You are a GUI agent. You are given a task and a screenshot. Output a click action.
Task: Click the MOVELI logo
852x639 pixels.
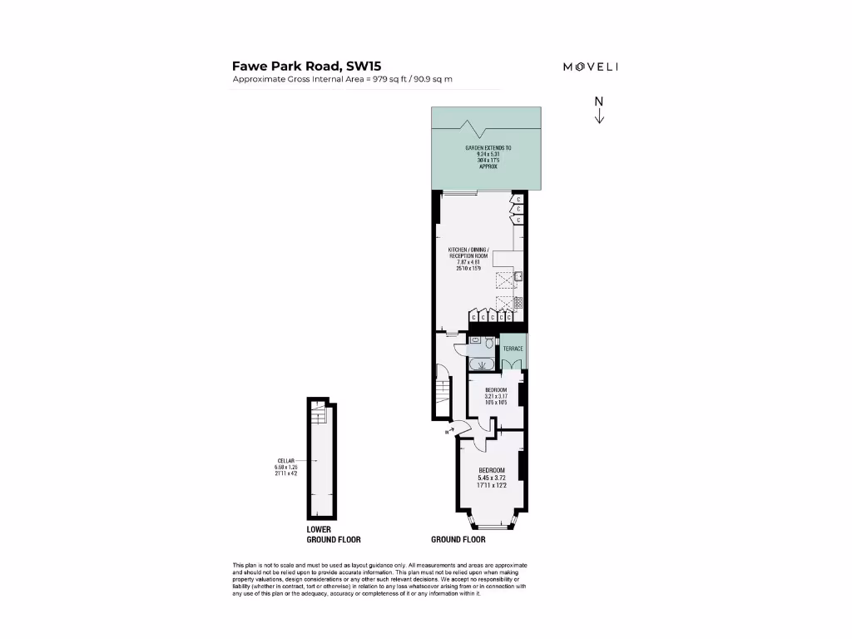[590, 67]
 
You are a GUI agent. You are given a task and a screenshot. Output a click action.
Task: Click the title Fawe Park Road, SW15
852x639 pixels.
[307, 66]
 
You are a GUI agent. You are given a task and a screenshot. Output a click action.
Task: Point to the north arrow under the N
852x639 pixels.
[598, 116]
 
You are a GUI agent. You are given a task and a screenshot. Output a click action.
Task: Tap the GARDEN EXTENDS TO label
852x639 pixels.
[488, 147]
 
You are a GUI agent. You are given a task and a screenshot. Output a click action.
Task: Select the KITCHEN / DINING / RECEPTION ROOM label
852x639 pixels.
[469, 250]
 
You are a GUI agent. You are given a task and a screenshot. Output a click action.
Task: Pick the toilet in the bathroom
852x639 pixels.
[488, 342]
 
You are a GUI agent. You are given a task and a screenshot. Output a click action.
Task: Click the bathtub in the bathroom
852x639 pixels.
[480, 364]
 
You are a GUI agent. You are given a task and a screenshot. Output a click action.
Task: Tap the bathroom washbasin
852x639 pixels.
[473, 341]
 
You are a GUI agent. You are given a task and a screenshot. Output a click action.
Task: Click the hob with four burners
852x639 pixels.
[518, 304]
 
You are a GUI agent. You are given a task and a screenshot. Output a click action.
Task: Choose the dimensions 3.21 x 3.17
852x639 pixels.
[496, 397]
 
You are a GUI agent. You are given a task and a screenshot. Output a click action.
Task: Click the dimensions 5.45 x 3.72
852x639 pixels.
[490, 478]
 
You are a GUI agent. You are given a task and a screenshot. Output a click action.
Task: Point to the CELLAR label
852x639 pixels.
[286, 460]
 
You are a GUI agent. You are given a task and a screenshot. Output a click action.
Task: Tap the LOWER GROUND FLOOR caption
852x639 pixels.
[334, 534]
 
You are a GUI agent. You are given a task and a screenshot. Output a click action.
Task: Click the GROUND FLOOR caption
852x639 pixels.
[458, 540]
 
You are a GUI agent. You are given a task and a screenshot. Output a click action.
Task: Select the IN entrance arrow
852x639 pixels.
[450, 432]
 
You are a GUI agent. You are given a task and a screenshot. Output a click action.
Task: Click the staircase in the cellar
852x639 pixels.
[317, 415]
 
